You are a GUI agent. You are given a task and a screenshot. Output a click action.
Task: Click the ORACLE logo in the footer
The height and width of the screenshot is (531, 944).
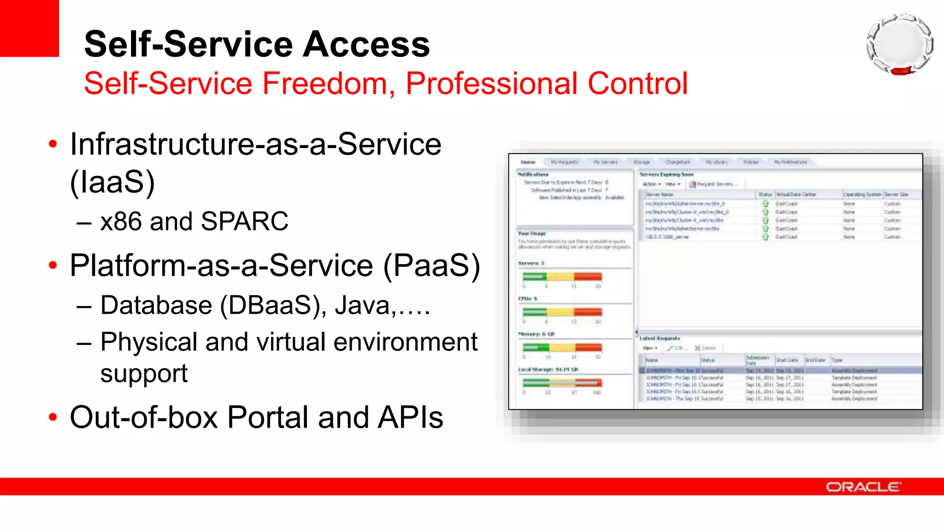point(863,487)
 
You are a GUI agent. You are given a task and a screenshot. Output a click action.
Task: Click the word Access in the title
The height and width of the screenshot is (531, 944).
point(366,44)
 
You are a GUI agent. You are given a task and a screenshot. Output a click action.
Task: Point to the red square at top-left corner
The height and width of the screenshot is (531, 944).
point(29,28)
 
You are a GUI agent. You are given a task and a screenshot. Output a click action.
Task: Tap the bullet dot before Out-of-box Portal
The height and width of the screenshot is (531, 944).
point(53,417)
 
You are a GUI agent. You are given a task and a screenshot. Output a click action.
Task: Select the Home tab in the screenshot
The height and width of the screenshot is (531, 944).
point(528,162)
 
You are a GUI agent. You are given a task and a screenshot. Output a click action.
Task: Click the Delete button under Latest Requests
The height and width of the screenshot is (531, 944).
point(706,348)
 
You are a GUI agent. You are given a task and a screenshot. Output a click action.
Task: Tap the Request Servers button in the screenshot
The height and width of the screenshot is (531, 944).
point(714,184)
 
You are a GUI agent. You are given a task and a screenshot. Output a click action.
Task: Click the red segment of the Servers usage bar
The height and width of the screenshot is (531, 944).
point(588,277)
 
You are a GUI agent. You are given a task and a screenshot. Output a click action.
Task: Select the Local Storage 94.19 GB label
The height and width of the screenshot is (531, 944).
point(548,369)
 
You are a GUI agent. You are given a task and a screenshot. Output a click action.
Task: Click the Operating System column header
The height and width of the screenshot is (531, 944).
point(862,195)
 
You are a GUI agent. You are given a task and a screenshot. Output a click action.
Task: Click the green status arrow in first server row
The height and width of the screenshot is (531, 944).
point(766,203)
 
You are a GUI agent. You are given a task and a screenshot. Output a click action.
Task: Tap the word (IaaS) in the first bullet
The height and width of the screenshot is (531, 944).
point(112,182)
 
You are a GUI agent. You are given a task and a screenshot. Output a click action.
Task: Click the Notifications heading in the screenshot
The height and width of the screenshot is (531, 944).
point(533,174)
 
